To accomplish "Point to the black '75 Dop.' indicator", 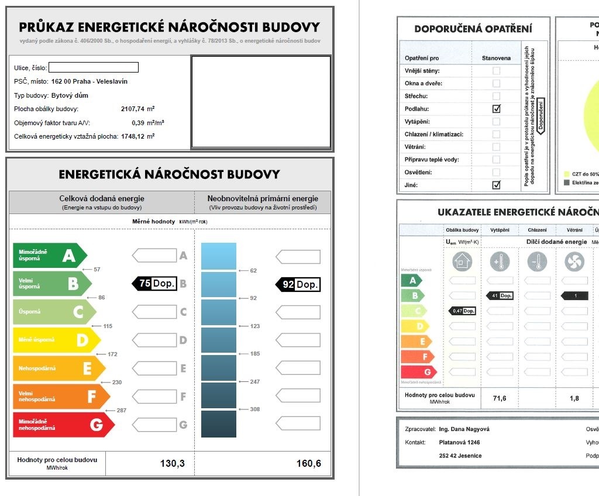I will pos(154,284).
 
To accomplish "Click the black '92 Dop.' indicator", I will pos(298,285).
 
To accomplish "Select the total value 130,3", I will pos(173,464).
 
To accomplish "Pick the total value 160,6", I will pos(309,464).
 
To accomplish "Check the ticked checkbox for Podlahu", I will pos(497,109).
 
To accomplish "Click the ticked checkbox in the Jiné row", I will pos(497,185).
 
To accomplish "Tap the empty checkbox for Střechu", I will pos(497,96).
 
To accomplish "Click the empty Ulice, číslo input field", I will pos(94,67).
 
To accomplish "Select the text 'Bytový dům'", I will pos(70,95).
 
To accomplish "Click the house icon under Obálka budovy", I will pos(462,262).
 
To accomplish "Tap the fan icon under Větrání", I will pos(574,262).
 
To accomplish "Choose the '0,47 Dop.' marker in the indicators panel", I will pos(462,311).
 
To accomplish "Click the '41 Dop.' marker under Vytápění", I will pos(500,296).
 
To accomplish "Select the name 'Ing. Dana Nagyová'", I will pos(464,429).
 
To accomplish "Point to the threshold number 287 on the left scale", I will pos(121,411).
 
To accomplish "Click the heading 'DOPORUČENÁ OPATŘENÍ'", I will pos(473,29).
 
